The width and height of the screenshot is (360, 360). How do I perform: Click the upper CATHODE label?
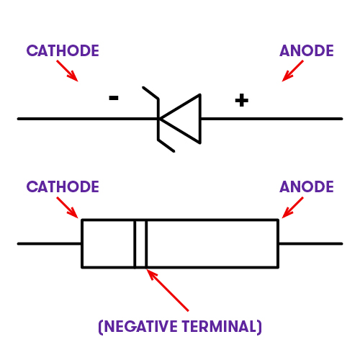point(63,50)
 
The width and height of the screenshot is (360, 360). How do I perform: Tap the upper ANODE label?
point(307,50)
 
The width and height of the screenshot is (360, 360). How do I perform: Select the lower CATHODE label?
point(63,186)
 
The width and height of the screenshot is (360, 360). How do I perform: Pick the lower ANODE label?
point(307,186)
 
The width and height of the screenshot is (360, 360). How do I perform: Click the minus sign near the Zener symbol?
point(114,98)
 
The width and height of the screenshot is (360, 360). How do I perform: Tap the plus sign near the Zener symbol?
point(242,100)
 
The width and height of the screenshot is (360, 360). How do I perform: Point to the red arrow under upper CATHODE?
point(67,71)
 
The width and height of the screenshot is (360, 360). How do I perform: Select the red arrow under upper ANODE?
point(292,71)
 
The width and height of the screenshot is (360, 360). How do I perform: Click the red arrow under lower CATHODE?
point(67,207)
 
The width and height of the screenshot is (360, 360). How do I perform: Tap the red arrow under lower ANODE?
point(292,207)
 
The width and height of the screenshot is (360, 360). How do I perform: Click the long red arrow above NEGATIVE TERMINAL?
point(168,290)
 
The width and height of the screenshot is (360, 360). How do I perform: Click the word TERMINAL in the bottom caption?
point(219,326)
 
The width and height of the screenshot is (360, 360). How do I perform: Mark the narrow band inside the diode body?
point(140,243)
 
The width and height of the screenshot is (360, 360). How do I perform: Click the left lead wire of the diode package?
point(50,244)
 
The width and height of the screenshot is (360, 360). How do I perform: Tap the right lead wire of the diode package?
point(310,244)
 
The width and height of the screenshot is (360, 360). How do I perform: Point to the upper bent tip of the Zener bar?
point(143,87)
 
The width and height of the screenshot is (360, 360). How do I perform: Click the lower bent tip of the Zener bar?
point(174,151)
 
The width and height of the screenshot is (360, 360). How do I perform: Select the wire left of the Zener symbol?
point(88,119)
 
